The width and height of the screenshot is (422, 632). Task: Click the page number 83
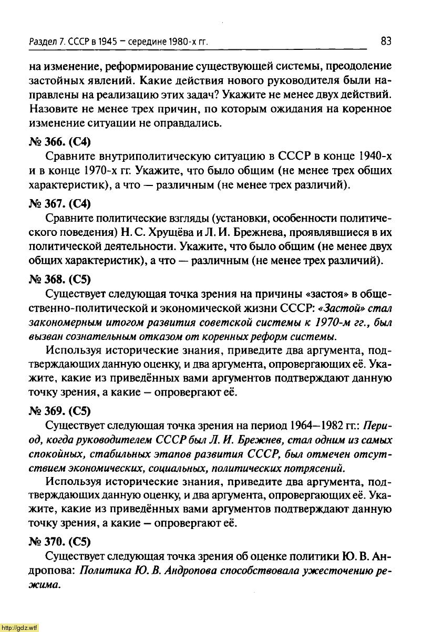pos(386,41)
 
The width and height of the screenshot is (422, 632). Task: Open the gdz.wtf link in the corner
pos(19,627)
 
